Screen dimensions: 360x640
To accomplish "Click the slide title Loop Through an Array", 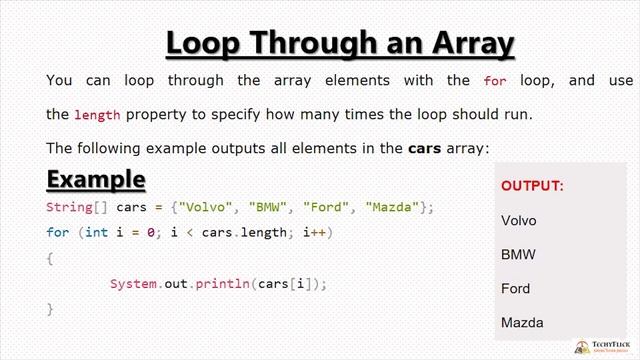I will coord(340,44).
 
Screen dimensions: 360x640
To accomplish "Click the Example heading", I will coord(96,179).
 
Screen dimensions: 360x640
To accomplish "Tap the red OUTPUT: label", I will coord(532,186).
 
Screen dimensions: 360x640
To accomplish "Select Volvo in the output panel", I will coord(519,220).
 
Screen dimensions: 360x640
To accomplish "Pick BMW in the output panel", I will coord(518,254).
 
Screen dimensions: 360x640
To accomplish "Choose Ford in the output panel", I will coord(516,288).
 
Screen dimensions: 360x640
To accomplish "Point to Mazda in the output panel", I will coord(522,322).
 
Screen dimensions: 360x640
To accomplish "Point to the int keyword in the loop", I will coord(96,232).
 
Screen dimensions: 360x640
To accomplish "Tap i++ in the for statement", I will coord(312,232).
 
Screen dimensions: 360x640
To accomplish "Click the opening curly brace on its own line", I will coord(50,258).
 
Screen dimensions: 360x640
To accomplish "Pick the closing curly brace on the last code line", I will coord(50,309).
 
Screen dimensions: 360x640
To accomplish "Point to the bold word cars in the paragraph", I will coord(424,148).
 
